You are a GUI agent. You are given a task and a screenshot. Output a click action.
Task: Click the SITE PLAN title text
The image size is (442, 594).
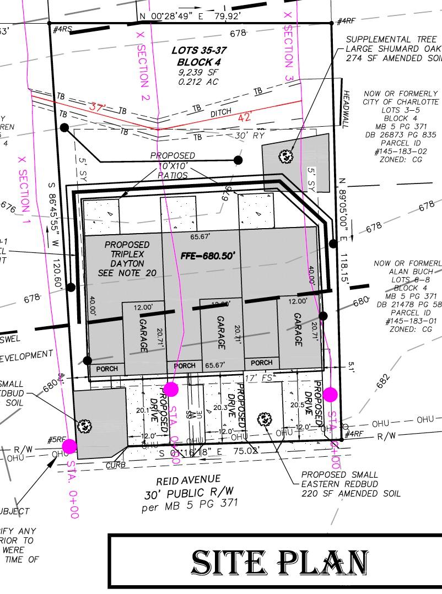pos(279,563)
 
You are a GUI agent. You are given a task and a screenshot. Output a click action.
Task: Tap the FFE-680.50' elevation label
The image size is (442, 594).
pos(208,256)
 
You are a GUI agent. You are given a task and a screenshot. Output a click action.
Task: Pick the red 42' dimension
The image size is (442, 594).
pos(244,117)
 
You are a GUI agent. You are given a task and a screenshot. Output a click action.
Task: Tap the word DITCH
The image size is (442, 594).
pos(221,114)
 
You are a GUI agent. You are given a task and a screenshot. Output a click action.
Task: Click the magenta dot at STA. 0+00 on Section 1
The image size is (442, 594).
pos(69,446)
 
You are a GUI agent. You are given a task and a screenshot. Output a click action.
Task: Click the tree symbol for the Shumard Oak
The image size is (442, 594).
pos(286,156)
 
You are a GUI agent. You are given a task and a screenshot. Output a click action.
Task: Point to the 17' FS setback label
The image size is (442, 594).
pos(259,379)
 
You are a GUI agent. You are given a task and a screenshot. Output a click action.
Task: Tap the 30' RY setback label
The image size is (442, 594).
pos(250,136)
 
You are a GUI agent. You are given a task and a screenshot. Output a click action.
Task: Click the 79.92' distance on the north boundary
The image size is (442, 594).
pos(226,16)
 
